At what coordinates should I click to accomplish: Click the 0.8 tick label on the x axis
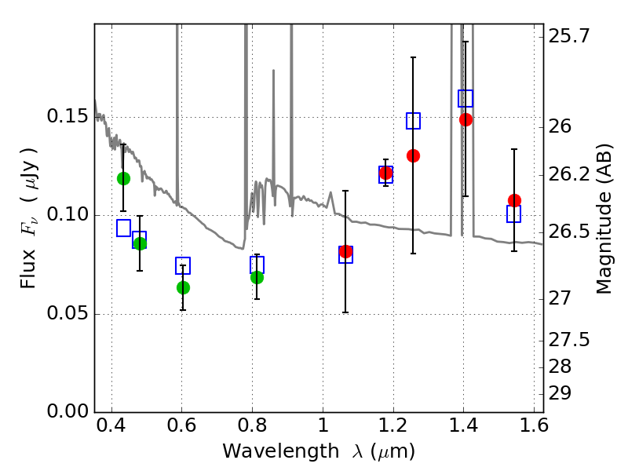click(x=252, y=429)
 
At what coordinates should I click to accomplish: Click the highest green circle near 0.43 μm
click(x=123, y=178)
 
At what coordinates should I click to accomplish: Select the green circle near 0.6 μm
click(x=183, y=287)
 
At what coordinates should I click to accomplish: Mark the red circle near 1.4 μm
click(x=466, y=119)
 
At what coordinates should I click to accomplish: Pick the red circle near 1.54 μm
click(x=514, y=200)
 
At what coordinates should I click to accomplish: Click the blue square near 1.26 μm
click(x=414, y=121)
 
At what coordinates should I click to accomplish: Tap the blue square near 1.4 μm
click(x=466, y=99)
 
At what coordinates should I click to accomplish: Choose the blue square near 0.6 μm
click(x=183, y=265)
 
